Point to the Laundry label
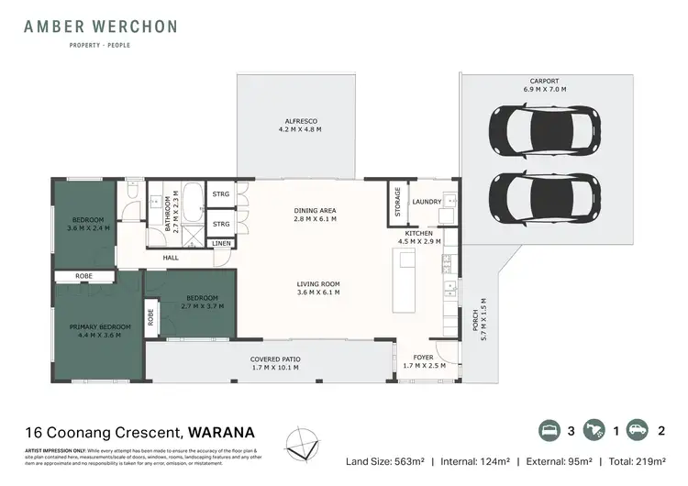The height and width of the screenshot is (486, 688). tap(427, 202)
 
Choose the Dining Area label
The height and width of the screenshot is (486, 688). tap(315, 215)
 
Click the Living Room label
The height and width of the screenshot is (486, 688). tap(318, 288)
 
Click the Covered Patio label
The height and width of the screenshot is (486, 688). tap(275, 363)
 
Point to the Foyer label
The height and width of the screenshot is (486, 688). tap(424, 361)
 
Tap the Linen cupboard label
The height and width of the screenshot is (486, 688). tap(223, 244)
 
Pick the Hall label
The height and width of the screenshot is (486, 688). tap(172, 258)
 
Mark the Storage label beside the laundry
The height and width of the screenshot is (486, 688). tap(398, 201)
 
